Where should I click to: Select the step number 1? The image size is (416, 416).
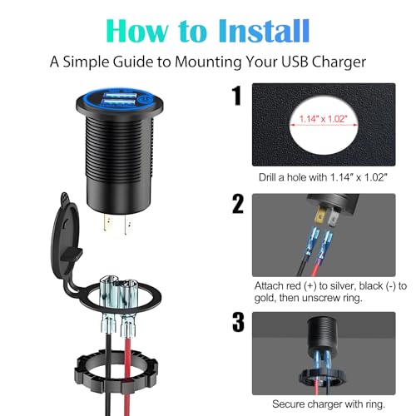(237, 96)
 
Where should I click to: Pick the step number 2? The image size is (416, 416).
(238, 204)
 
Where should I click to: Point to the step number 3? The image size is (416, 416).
(238, 322)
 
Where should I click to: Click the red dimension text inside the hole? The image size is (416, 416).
(324, 119)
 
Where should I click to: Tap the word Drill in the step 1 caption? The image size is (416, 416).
(268, 177)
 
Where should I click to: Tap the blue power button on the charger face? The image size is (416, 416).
(144, 99)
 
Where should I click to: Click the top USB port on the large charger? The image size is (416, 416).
(121, 96)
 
